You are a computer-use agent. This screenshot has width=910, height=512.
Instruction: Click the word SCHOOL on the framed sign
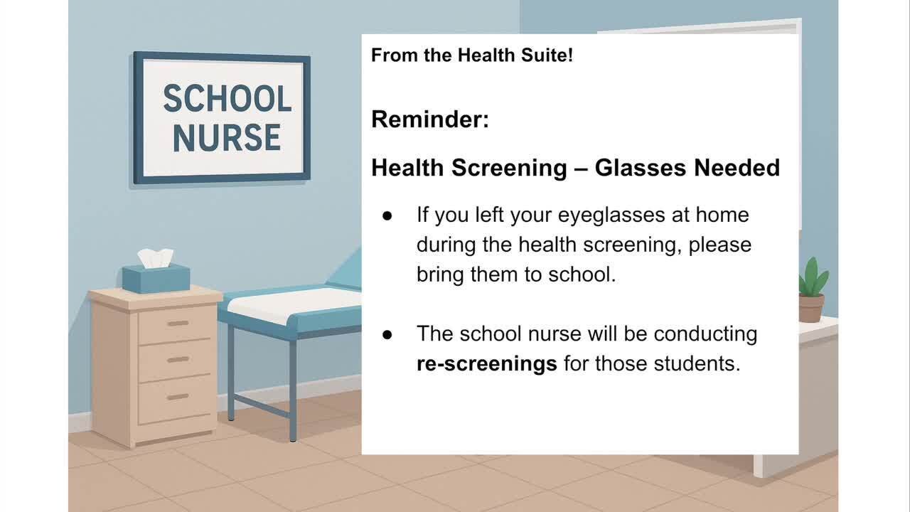227,98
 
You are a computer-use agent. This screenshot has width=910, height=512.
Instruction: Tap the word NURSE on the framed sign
227,138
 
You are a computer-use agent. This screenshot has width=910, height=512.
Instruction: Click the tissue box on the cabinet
156,278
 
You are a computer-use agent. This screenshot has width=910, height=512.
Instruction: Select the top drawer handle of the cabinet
178,324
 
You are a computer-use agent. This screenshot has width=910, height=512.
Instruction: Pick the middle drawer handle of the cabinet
178,360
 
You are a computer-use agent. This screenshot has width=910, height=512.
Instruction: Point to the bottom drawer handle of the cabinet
178,397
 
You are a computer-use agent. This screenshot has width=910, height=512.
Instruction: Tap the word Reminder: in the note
430,119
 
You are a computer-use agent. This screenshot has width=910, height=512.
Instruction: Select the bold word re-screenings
487,363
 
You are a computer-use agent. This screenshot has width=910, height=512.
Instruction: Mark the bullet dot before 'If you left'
387,215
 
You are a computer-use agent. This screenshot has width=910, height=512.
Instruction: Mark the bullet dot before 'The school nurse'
387,334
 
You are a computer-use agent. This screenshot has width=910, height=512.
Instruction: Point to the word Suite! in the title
547,55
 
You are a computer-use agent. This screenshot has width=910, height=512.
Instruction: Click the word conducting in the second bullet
706,334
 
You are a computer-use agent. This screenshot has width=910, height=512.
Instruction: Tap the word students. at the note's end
697,363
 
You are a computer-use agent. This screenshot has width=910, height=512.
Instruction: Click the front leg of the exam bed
293,391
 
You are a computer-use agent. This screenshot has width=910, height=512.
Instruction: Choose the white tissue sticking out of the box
156,258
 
